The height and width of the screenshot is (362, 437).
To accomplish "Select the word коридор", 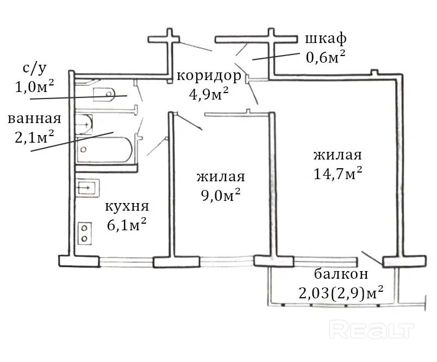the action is [209, 76].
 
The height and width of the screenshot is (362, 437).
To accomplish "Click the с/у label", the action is [34, 69].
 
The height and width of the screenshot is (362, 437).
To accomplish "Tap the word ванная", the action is [34, 119].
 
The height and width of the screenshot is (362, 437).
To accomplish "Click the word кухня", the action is [127, 207].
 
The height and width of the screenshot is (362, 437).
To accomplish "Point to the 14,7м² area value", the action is [338, 174].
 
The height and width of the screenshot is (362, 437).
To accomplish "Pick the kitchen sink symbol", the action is [86, 188].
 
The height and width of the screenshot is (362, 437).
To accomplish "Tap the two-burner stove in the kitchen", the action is [85, 233].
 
